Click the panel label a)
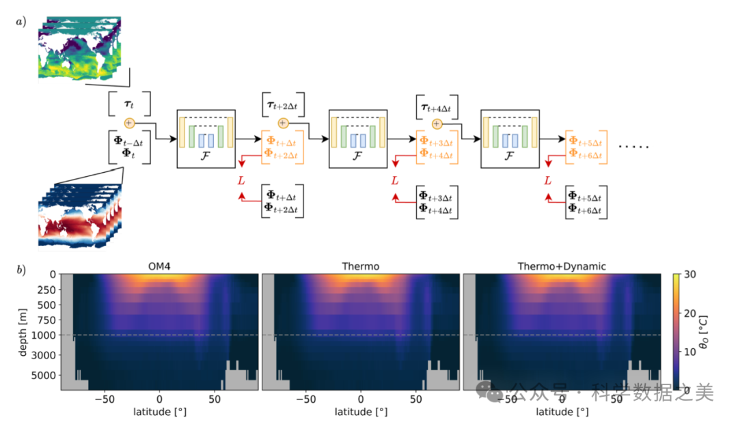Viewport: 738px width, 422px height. (21, 21)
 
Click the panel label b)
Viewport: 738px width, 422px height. (21, 269)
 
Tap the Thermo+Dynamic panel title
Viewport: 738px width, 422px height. (562, 266)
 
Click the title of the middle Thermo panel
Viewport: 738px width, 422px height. (360, 266)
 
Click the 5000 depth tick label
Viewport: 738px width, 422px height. (44, 375)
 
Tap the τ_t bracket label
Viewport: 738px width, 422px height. (128, 103)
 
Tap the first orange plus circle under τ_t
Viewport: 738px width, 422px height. (129, 123)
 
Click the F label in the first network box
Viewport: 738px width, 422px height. (206, 156)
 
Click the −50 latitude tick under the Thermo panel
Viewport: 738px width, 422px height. (305, 398)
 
